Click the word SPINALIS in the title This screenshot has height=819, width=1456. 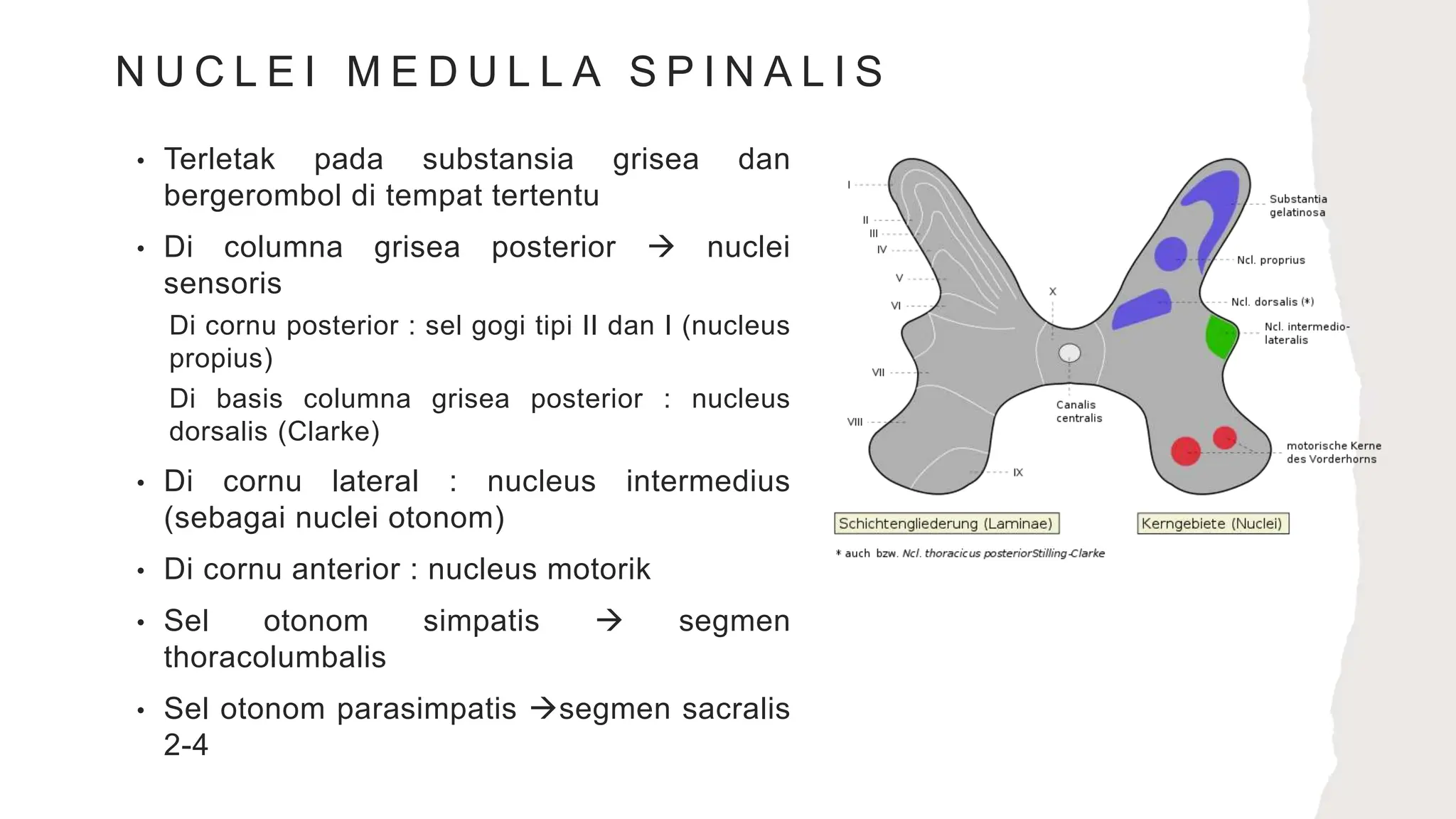(756, 72)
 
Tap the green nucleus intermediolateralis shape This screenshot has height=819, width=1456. (1221, 337)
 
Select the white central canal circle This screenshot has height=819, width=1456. (1069, 353)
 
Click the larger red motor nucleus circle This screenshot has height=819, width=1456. (1185, 451)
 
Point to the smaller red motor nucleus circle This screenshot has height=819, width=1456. (1224, 437)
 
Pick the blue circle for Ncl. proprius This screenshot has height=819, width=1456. (1170, 254)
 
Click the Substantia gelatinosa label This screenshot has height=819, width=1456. (1297, 205)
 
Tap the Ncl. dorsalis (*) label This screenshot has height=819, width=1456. (1272, 302)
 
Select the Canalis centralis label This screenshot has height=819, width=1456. (1078, 412)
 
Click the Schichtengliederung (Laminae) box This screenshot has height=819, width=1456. (946, 524)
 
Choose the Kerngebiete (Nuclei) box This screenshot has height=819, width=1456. (1212, 524)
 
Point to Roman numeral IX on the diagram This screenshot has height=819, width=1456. (1018, 473)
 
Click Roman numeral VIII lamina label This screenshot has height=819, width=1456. (855, 422)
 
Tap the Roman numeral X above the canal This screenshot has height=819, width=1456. (1053, 291)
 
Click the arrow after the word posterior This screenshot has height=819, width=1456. (661, 247)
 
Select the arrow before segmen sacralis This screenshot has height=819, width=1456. (544, 709)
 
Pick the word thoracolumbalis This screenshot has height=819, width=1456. (274, 658)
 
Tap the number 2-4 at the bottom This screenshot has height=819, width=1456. (186, 745)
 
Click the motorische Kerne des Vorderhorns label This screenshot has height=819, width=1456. (1333, 452)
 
